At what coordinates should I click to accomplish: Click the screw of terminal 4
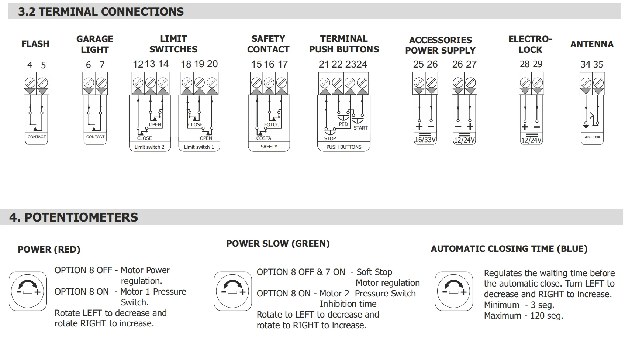click(30, 83)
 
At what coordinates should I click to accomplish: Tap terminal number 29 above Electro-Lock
click(538, 64)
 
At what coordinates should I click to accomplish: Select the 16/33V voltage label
click(425, 140)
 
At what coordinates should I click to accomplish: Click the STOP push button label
click(330, 138)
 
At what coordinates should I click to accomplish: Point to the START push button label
click(360, 128)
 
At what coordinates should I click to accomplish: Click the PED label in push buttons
click(343, 124)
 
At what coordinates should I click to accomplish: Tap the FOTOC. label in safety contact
click(272, 124)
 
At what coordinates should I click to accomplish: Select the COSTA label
click(264, 138)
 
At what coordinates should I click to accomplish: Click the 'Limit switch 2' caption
click(149, 147)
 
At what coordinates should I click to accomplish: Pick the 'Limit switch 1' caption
click(198, 147)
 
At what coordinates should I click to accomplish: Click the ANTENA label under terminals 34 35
click(592, 137)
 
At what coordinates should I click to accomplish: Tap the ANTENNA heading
click(592, 44)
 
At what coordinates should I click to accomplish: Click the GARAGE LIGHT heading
click(94, 44)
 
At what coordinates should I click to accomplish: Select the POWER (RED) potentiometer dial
click(28, 291)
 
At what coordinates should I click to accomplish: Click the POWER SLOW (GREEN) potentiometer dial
click(233, 291)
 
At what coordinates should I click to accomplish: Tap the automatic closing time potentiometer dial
click(454, 291)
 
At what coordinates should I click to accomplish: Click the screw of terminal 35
click(598, 83)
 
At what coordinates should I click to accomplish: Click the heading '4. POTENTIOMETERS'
click(73, 217)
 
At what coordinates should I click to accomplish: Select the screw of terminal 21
click(325, 83)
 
